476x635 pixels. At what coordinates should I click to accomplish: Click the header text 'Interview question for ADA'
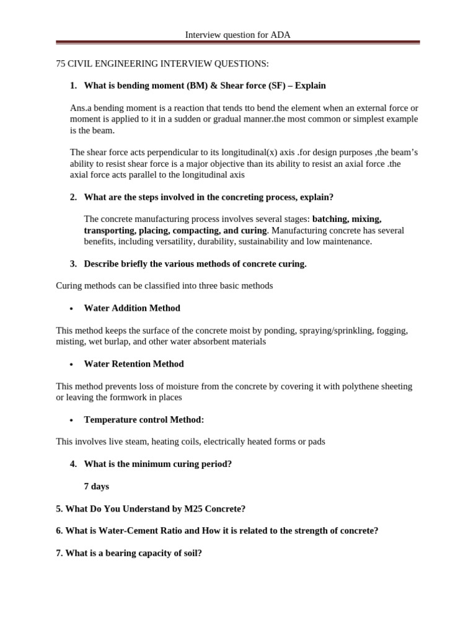[x=237, y=35]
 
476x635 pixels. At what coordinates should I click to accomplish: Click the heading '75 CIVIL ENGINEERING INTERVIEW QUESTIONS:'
[x=162, y=64]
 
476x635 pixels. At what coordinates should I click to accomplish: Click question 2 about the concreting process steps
[x=208, y=197]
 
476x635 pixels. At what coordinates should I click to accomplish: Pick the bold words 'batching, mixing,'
[x=346, y=220]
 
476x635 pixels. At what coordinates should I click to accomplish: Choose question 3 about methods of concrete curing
[x=195, y=264]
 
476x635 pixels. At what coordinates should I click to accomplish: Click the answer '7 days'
[x=96, y=486]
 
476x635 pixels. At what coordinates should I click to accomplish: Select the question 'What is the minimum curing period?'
[x=157, y=464]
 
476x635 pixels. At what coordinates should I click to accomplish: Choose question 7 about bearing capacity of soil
[x=129, y=553]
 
